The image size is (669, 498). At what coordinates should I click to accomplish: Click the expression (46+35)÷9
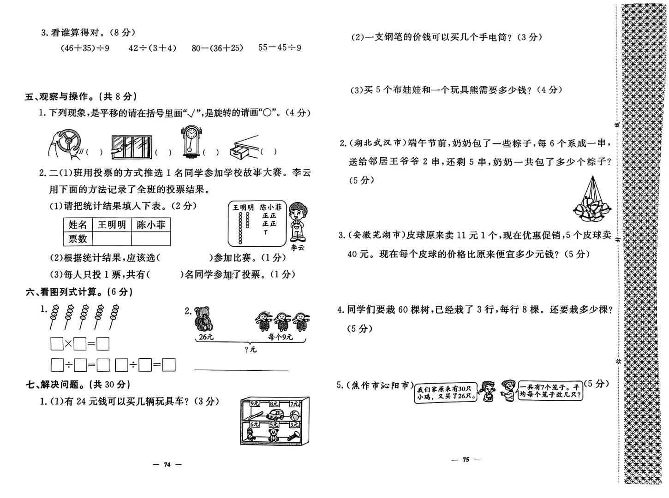coord(85,48)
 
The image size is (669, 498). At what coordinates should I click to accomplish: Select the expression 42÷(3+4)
coord(152,48)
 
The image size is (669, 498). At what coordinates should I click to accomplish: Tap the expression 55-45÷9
coord(280,47)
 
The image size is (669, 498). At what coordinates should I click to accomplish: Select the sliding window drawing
coord(131,147)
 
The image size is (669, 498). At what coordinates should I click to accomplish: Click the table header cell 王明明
coord(112,225)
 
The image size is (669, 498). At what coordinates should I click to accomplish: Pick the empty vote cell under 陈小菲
coord(150,239)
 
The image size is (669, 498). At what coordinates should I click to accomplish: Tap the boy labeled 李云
coord(297,221)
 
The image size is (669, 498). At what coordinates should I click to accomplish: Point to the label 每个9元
coord(281,337)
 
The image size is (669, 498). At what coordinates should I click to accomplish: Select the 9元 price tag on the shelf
coord(255,403)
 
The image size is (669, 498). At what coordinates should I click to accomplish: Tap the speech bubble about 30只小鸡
coord(445,393)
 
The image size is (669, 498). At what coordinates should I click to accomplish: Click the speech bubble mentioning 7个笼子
coord(550,391)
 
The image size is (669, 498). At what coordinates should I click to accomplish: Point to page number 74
coord(167,464)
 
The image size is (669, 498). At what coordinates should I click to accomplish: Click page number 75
coord(466,459)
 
